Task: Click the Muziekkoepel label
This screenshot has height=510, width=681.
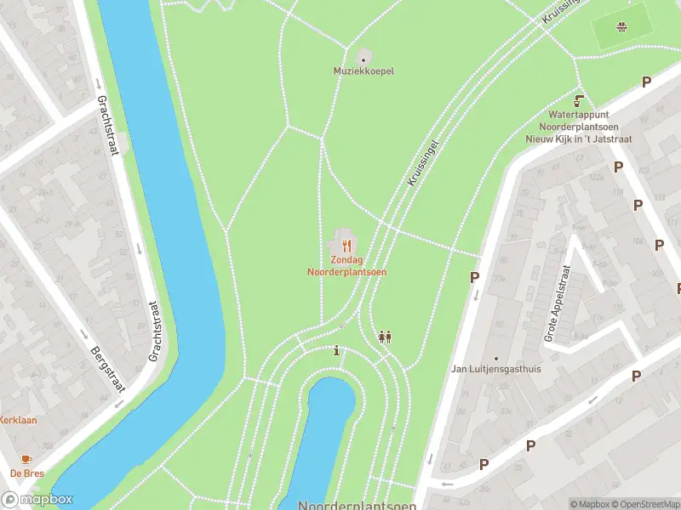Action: [363, 71]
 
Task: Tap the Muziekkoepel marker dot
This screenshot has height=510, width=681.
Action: [364, 59]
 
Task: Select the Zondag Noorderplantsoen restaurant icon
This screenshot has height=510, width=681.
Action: [346, 247]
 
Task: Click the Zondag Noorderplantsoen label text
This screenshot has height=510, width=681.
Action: [346, 266]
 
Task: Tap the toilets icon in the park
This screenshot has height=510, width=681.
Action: [385, 337]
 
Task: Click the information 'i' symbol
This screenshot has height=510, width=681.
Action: [338, 350]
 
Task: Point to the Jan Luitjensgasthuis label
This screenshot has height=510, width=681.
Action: [495, 369]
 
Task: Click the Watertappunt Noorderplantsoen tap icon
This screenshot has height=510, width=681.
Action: [579, 101]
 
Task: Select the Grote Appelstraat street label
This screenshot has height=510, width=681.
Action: [558, 303]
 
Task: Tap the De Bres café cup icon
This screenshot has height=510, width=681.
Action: [26, 460]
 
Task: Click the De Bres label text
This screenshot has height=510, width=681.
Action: [26, 473]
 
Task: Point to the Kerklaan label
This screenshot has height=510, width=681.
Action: [17, 420]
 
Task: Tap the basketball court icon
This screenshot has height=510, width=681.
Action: [621, 26]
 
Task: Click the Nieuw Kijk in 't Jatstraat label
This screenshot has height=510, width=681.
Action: [577, 138]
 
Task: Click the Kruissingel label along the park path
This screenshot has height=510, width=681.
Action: [421, 163]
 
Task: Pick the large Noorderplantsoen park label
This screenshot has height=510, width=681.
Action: [358, 505]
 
